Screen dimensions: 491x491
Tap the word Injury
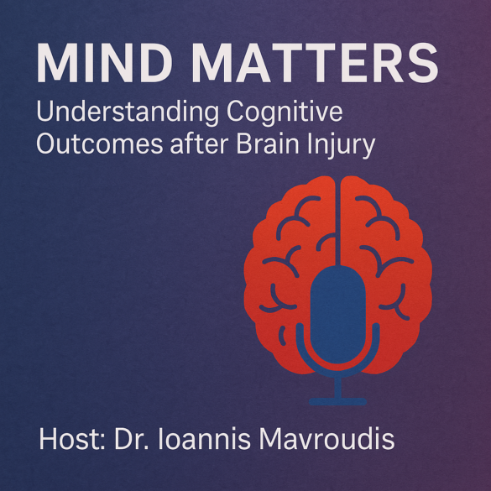point(344,146)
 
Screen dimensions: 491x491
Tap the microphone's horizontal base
point(337,402)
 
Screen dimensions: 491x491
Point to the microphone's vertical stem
point(337,386)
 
